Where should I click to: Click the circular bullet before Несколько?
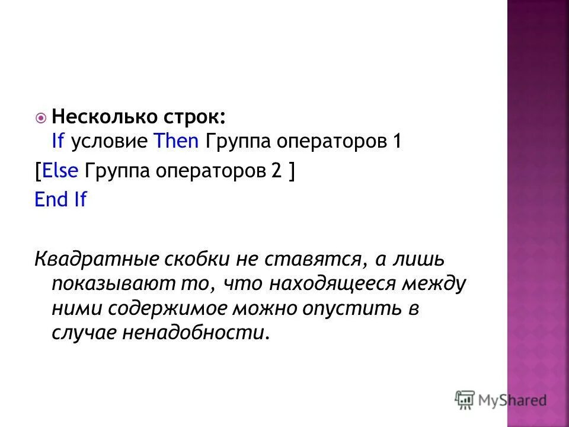pos(40,118)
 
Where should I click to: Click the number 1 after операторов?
pos(397,142)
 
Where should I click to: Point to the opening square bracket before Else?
pos(38,171)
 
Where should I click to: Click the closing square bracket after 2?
pos(292,171)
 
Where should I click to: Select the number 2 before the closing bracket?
pos(276,171)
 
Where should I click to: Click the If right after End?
pos(79,200)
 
